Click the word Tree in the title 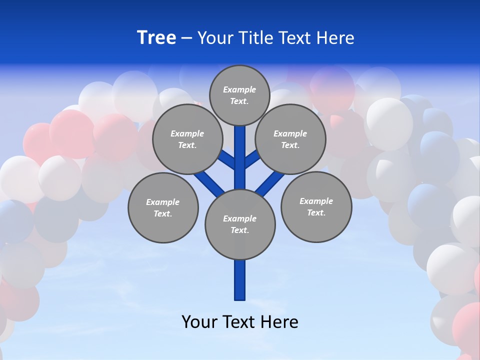pos(156,38)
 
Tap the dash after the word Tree pos(186,38)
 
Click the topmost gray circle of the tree pos(239,95)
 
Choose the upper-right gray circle pos(290,139)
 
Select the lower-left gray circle pos(163,207)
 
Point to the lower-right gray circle pos(316,206)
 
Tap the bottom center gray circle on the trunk pos(240,224)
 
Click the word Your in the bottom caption pos(199,322)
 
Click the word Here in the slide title pos(335,38)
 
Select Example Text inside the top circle pos(239,95)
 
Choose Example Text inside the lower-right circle pos(316,206)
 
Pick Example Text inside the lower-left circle pos(163,207)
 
